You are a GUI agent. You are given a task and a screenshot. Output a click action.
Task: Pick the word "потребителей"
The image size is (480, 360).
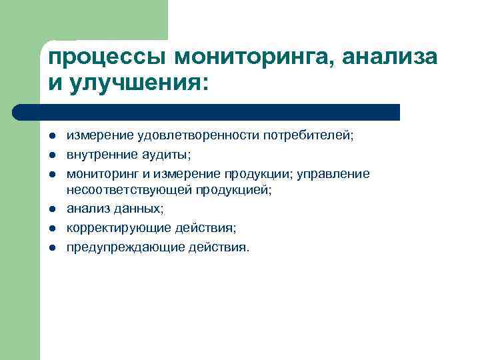coord(309,136)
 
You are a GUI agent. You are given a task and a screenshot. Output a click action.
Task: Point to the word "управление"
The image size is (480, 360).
coord(337,173)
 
